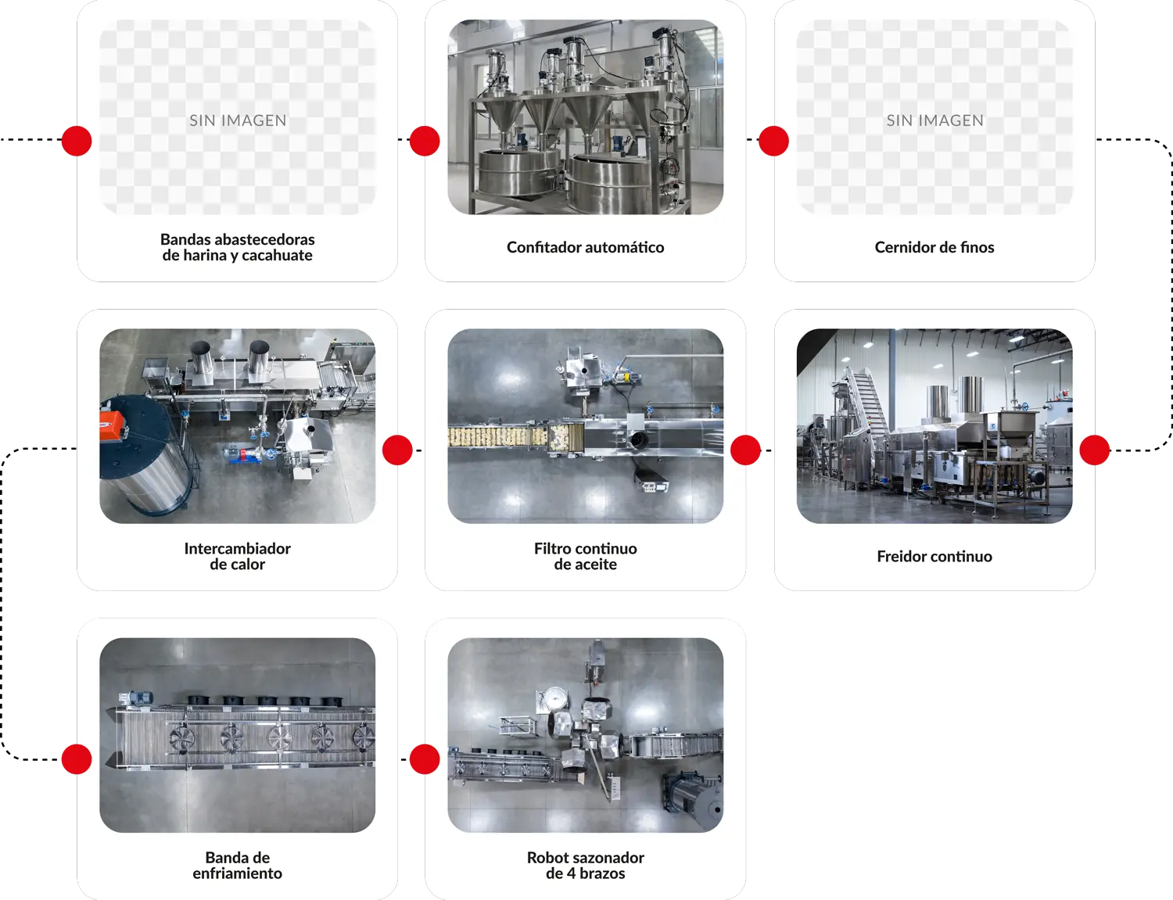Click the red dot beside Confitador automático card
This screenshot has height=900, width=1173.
[425, 141]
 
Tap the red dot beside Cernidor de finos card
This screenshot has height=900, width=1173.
[773, 141]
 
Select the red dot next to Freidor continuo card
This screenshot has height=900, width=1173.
[1095, 450]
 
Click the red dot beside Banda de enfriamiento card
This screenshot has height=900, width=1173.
[77, 759]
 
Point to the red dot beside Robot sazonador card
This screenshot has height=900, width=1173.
[425, 759]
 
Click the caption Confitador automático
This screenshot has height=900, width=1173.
[585, 247]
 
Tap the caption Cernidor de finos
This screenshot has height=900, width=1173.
[934, 247]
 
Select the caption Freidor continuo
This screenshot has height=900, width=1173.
[934, 556]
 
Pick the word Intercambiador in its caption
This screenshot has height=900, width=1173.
[238, 548]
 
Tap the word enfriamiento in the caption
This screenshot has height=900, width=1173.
[238, 873]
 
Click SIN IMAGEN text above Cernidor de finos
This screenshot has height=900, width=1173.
[935, 120]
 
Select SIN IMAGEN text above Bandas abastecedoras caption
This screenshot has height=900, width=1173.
[238, 120]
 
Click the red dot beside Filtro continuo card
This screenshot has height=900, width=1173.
[745, 450]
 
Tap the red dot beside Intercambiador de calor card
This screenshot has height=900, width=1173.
[397, 450]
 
